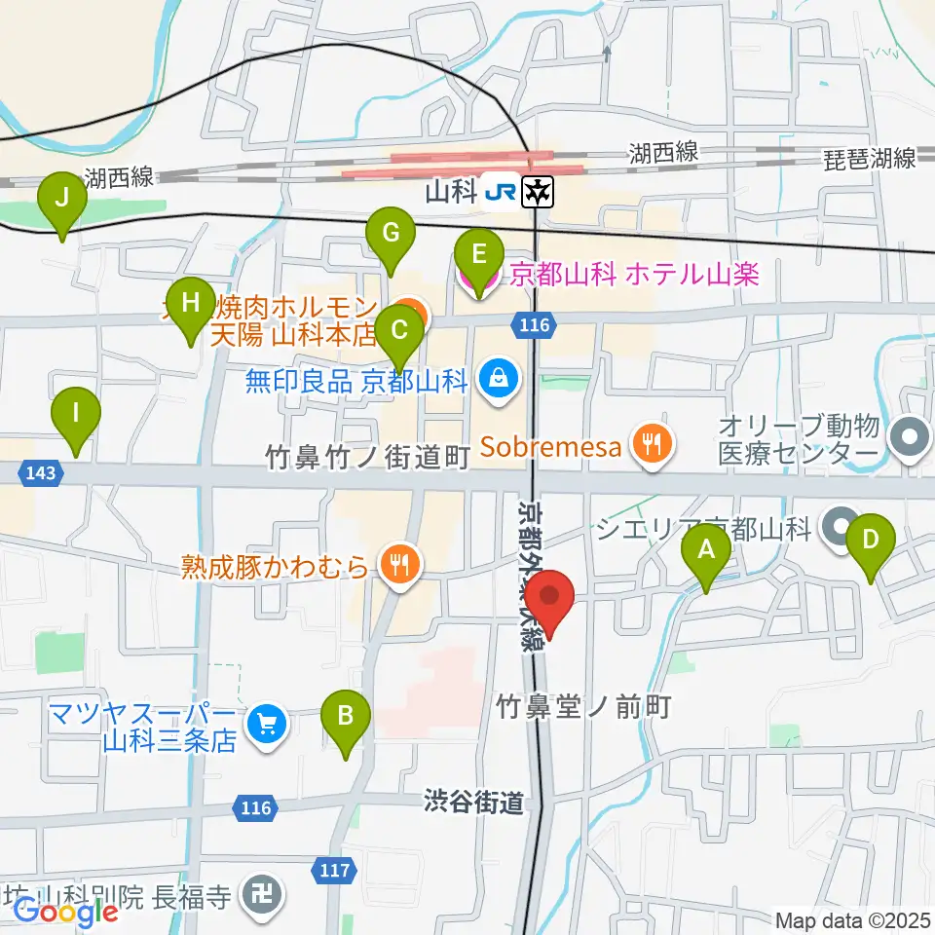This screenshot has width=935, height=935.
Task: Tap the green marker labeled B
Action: coord(346,718)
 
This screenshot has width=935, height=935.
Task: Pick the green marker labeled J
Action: coord(62,200)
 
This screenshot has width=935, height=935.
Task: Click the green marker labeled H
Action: coord(191,305)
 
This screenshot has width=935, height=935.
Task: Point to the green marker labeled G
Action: coord(391,235)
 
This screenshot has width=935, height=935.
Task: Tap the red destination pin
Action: coord(551,598)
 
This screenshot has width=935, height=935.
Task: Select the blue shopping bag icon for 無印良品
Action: coord(499,378)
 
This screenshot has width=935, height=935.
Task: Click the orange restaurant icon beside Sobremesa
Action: coord(650,446)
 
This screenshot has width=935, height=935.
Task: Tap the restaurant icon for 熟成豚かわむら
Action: coord(399,564)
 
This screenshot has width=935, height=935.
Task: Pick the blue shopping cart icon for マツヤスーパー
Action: coord(265,724)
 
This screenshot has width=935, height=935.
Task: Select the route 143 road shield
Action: coord(41,473)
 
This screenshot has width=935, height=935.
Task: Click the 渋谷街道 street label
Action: coord(474,803)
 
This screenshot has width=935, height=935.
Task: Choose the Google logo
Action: coord(66,912)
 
